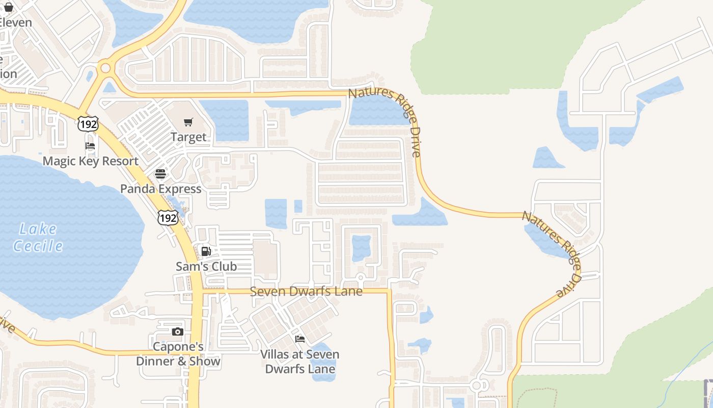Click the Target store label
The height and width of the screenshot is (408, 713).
pos(188,137)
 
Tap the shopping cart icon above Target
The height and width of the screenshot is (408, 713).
pos(188,122)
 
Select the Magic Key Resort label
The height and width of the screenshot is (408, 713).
pos(91,161)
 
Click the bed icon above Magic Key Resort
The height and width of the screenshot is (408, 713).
pos(90,146)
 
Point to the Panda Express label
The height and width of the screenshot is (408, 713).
pos(161,189)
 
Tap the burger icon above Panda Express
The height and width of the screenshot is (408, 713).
pos(160,174)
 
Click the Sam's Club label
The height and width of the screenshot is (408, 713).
pos(206,266)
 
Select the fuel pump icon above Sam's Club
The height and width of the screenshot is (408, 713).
pos(206,251)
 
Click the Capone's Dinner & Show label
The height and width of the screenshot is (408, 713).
pos(178,354)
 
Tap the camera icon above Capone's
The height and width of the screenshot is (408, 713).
pos(177,332)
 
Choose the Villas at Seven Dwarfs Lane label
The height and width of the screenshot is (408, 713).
pos(300,362)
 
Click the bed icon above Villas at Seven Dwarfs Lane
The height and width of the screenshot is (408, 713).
pos(300,339)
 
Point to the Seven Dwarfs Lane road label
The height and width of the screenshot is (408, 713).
pos(306,292)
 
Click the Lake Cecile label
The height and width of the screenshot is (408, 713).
pos(38,238)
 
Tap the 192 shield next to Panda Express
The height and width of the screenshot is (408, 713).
pos(168,218)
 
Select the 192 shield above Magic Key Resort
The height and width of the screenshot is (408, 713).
pos(88,123)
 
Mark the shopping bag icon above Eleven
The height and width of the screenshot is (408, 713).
pos(8,7)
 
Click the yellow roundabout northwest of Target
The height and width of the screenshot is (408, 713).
pos(105,67)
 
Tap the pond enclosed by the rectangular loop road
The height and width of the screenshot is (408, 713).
pos(361,248)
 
